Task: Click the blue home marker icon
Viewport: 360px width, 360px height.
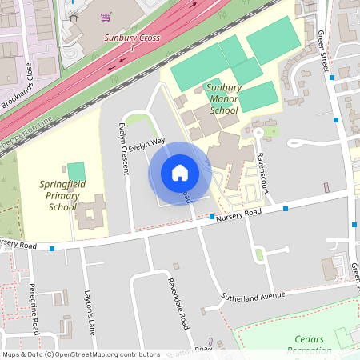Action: click(x=179, y=173)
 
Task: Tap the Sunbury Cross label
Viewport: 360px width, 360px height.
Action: click(x=132, y=38)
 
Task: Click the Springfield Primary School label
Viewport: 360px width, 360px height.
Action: click(x=62, y=195)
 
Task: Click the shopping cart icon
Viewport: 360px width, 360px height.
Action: click(x=106, y=16)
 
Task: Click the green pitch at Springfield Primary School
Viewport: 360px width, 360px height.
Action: click(x=76, y=171)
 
